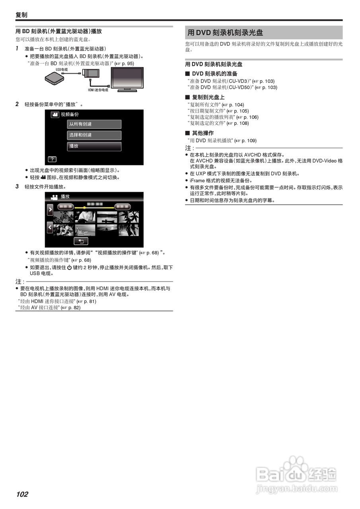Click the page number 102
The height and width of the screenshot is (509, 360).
22,494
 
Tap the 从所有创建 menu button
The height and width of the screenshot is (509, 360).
94,124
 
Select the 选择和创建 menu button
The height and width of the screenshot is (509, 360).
94,135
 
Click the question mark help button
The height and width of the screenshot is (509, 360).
52,159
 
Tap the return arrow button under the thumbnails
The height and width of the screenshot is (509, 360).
81,241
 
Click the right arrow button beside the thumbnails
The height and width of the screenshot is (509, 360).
50,210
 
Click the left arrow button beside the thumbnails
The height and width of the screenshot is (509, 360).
50,227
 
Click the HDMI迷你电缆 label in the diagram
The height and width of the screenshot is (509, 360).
98,90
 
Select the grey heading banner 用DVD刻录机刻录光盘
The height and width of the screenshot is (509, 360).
264,33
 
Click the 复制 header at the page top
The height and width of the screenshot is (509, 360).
21,15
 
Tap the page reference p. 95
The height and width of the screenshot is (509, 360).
127,63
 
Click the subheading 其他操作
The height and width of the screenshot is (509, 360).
202,133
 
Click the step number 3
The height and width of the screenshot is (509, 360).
17,187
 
